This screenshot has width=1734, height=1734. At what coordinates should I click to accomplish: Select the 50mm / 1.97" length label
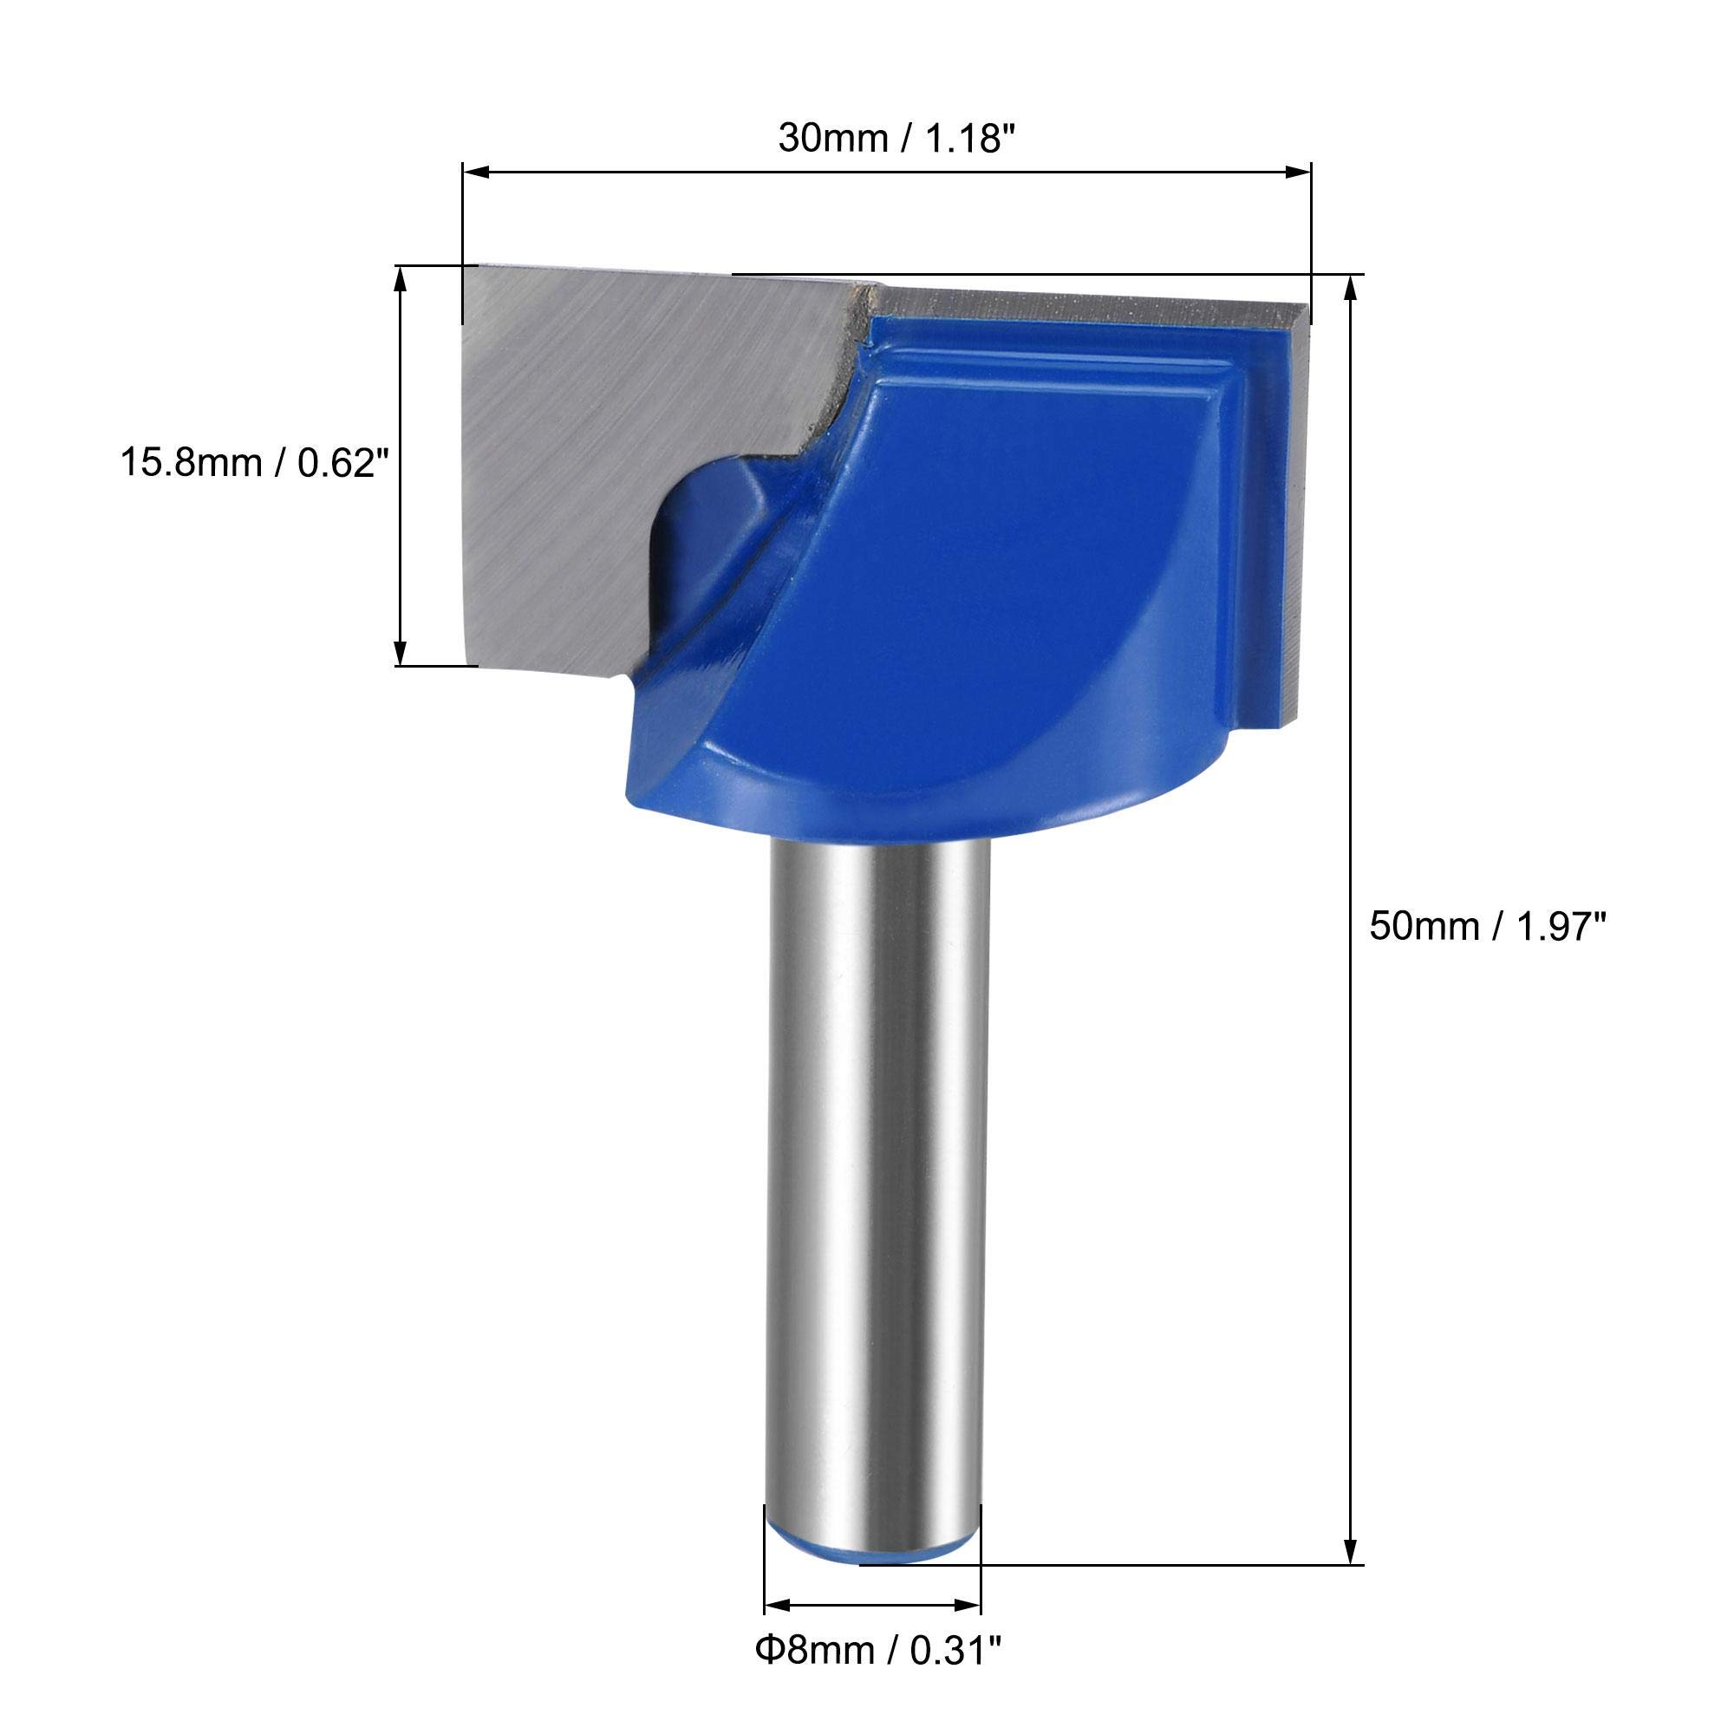pyautogui.click(x=1485, y=925)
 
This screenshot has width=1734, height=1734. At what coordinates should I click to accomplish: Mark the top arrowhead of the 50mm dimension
pyautogui.click(x=1349, y=290)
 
